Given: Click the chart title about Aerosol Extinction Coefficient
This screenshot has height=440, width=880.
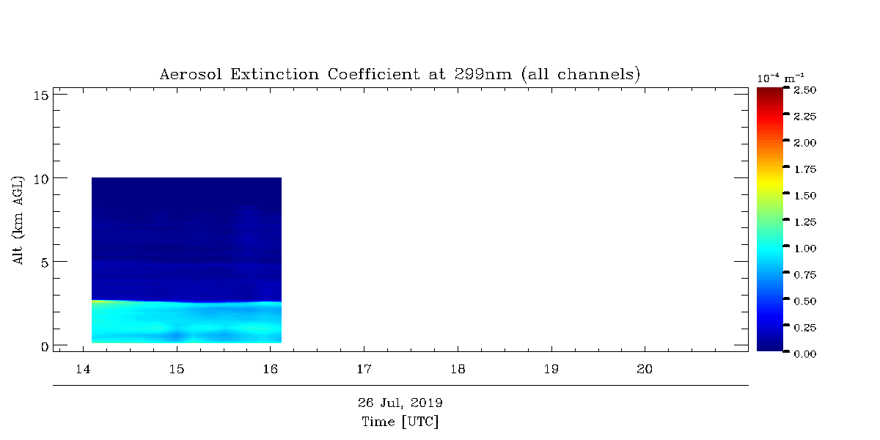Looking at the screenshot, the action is pos(400,74).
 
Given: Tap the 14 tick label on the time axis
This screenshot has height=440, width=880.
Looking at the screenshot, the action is pos(83,370).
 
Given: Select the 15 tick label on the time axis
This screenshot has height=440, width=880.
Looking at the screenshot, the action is pos(177,370).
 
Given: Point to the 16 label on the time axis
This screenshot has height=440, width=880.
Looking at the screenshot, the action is pos(271,370).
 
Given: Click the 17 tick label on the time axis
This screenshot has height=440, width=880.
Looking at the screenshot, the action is pos(364,370).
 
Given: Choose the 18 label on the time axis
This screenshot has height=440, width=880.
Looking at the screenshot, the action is pos(458,370).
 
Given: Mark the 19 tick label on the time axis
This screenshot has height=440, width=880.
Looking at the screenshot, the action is pos(551,370).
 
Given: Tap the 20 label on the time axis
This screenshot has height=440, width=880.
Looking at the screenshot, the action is pos(645,370).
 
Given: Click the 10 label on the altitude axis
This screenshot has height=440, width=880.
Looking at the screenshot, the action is pos(41,180).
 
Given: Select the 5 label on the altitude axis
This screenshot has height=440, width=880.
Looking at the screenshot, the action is pos(45,263).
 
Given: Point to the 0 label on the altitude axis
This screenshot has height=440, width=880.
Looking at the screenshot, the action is pos(45,347).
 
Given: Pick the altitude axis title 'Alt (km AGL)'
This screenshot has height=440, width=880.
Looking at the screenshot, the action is pos(18,220).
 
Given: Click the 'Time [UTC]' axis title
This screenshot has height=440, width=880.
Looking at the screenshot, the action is pos(400,422).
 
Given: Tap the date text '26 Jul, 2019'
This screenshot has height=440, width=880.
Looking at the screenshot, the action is pos(400,403).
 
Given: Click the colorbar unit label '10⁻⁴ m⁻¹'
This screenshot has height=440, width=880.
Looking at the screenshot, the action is pos(780,78).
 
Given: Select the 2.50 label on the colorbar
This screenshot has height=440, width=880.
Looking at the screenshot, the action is pos(805,90).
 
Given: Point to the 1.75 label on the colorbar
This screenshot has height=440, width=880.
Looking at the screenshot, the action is pos(805,169).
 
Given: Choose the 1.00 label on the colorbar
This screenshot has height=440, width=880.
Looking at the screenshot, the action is pos(805,249).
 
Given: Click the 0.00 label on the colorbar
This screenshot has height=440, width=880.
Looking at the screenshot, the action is pos(805,354).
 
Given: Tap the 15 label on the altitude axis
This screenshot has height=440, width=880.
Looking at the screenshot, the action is pos(41,95).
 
